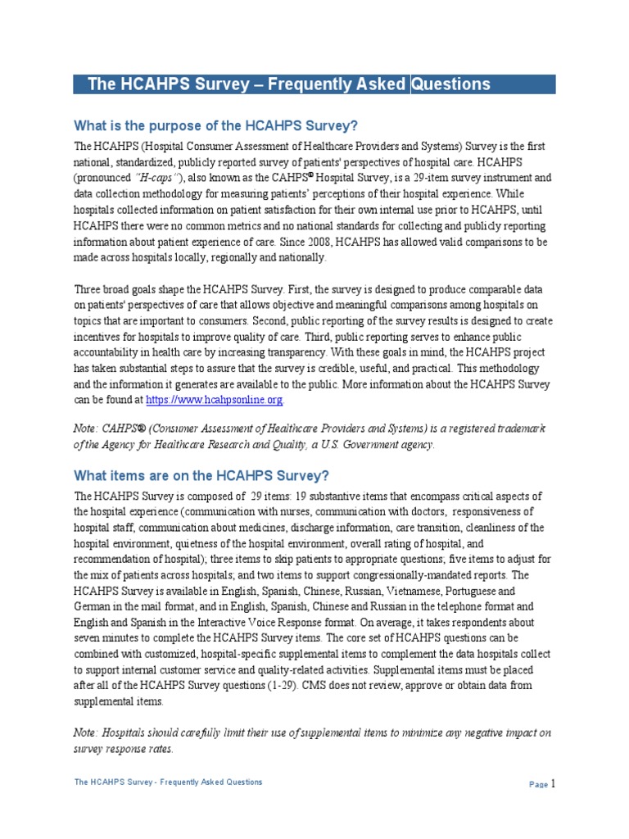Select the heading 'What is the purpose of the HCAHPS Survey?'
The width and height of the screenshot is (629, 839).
[x=216, y=125]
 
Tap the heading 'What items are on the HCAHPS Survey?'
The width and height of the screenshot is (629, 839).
[x=201, y=475]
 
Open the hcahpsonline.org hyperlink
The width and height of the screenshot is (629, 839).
[x=215, y=400]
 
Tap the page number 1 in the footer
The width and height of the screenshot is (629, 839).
[x=554, y=783]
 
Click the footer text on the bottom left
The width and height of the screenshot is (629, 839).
[x=168, y=782]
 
